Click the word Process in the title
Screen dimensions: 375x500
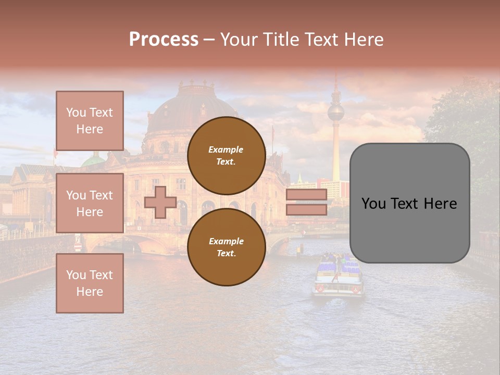click(164, 40)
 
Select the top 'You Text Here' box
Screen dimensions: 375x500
click(90, 121)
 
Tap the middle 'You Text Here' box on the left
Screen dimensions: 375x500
click(90, 203)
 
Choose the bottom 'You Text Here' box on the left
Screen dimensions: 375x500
click(90, 283)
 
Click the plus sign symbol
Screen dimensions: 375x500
click(160, 202)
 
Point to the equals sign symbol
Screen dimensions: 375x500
click(306, 202)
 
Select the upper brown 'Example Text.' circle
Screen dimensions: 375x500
click(226, 155)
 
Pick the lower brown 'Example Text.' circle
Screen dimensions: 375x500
click(226, 247)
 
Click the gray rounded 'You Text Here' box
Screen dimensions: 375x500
click(409, 203)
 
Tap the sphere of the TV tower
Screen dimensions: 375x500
click(335, 112)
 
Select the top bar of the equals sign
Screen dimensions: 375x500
click(306, 195)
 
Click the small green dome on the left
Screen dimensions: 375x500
click(94, 160)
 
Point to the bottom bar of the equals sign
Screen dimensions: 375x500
click(306, 209)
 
